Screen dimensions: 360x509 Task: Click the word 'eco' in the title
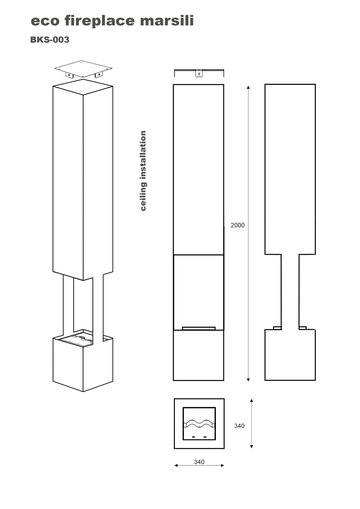pyautogui.click(x=45, y=21)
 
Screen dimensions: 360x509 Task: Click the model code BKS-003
pyautogui.click(x=50, y=40)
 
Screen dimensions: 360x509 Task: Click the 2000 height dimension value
pyautogui.click(x=237, y=225)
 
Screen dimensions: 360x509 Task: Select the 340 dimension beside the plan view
pyautogui.click(x=239, y=426)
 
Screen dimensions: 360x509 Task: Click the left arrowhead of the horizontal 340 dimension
pyautogui.click(x=176, y=465)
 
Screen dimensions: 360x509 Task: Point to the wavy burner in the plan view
pyautogui.click(x=199, y=423)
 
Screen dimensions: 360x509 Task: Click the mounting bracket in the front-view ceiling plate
pyautogui.click(x=199, y=73)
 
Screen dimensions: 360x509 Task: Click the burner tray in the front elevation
pyautogui.click(x=199, y=328)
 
